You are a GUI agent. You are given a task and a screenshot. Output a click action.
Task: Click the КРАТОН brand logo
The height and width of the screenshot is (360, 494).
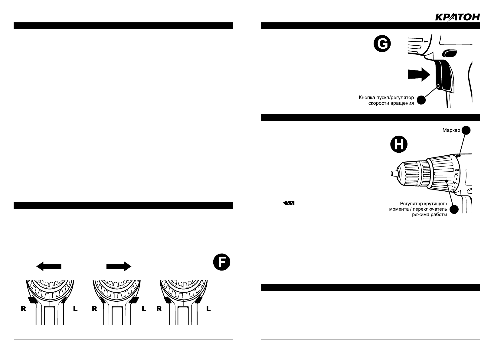pos(457,17)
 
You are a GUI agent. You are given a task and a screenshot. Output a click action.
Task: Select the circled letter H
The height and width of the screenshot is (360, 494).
pos(399,145)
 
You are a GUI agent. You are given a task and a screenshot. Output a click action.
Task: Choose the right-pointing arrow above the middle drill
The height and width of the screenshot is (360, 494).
pos(119,266)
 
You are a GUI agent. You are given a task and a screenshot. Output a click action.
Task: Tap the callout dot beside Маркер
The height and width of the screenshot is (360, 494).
pos(466,130)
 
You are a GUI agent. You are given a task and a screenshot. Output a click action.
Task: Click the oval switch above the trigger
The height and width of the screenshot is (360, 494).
pos(450,54)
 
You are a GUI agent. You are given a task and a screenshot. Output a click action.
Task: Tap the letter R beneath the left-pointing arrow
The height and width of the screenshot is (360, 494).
pos(23,309)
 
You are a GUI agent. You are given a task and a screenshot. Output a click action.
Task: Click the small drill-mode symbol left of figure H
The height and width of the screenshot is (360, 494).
pos(289,203)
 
